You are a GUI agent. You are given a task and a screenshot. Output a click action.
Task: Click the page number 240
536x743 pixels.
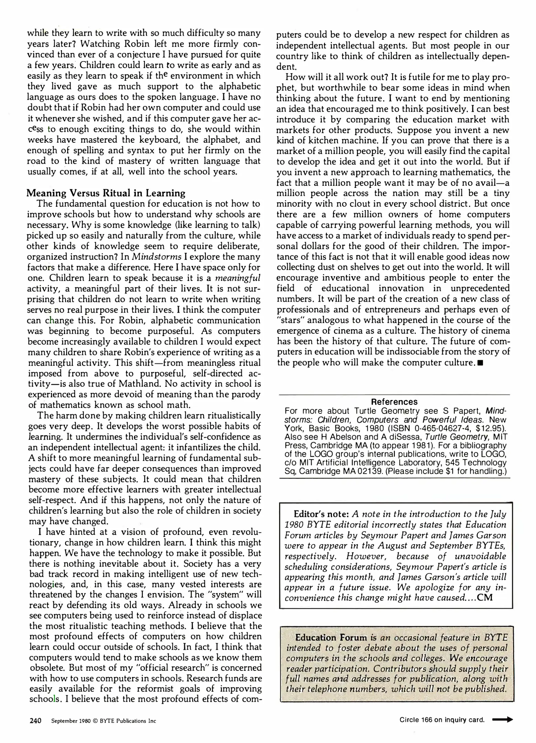35,721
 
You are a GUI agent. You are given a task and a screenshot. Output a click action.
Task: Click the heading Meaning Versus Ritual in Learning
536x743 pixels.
106,193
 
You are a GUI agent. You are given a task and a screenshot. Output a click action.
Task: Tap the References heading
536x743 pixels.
394,402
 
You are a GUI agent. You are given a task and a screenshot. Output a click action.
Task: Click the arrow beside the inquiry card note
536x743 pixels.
503,719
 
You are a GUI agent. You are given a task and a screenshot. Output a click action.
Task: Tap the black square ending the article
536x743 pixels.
479,363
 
